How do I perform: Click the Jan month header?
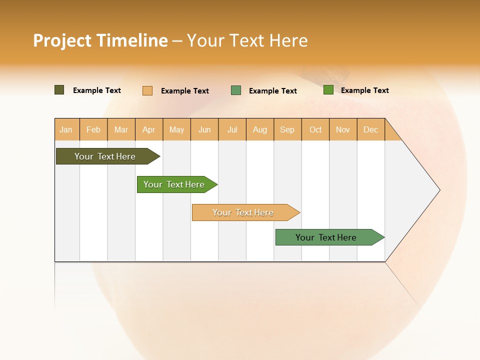66,129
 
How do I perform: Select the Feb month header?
93,129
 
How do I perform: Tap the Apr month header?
149,129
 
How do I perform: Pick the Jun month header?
204,129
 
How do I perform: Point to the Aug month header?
260,129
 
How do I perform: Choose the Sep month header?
287,129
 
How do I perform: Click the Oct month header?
315,129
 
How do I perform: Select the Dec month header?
371,129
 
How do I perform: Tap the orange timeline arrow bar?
243,212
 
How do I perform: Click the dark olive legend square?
59,90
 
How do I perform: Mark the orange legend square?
147,90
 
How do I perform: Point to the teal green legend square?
236,90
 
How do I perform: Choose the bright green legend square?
328,90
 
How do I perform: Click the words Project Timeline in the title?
100,40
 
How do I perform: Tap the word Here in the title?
288,40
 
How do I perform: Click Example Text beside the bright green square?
365,90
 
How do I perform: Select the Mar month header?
121,129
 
